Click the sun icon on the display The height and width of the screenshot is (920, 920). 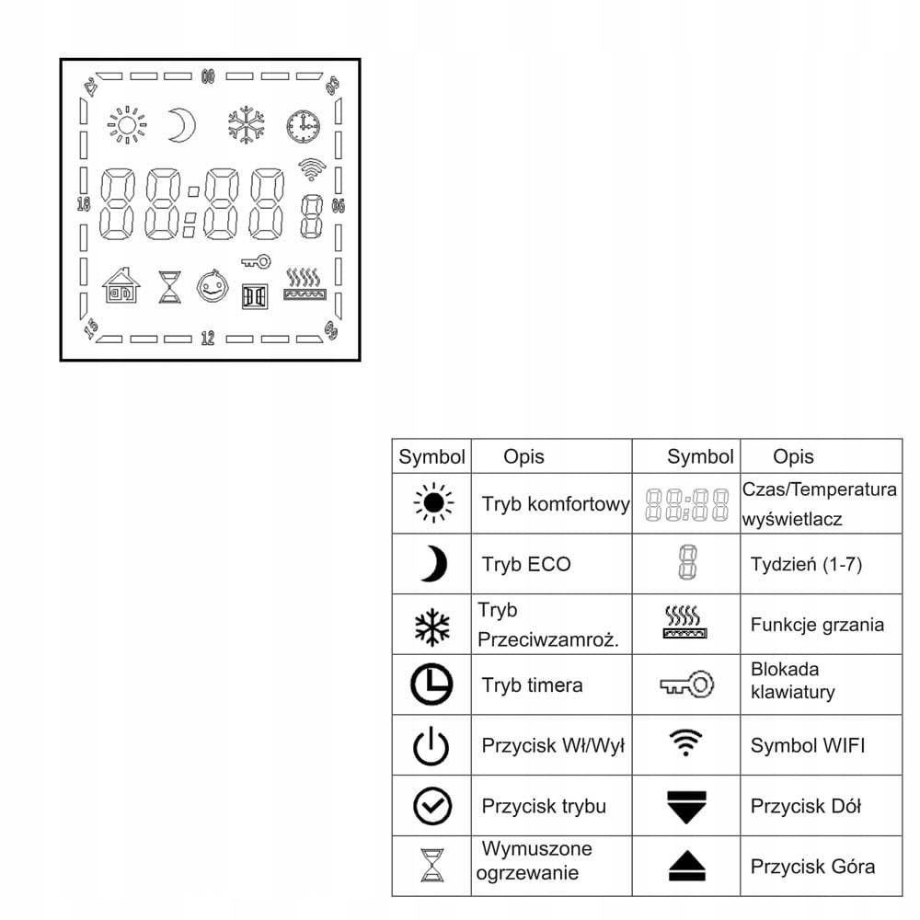(x=127, y=126)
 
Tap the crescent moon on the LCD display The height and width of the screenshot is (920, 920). (x=181, y=125)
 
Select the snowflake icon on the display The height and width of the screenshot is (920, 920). (x=247, y=126)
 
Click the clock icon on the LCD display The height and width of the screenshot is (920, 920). (x=303, y=126)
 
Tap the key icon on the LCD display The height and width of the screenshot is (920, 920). (x=256, y=262)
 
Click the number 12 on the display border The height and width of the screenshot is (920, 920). (x=208, y=339)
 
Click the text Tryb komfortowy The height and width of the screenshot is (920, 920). (x=555, y=504)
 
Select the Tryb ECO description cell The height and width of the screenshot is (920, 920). (x=525, y=564)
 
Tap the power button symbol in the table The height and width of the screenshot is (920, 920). (x=431, y=746)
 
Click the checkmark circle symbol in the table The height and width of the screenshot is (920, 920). (x=431, y=807)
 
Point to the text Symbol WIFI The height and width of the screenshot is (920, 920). (x=808, y=745)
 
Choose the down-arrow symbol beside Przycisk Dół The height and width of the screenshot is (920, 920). (x=685, y=806)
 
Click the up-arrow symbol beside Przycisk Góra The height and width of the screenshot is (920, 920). (x=685, y=867)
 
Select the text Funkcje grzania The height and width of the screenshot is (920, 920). (x=817, y=625)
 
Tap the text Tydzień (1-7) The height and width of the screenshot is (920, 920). (x=806, y=564)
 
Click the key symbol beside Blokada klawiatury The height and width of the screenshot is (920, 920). (x=686, y=684)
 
